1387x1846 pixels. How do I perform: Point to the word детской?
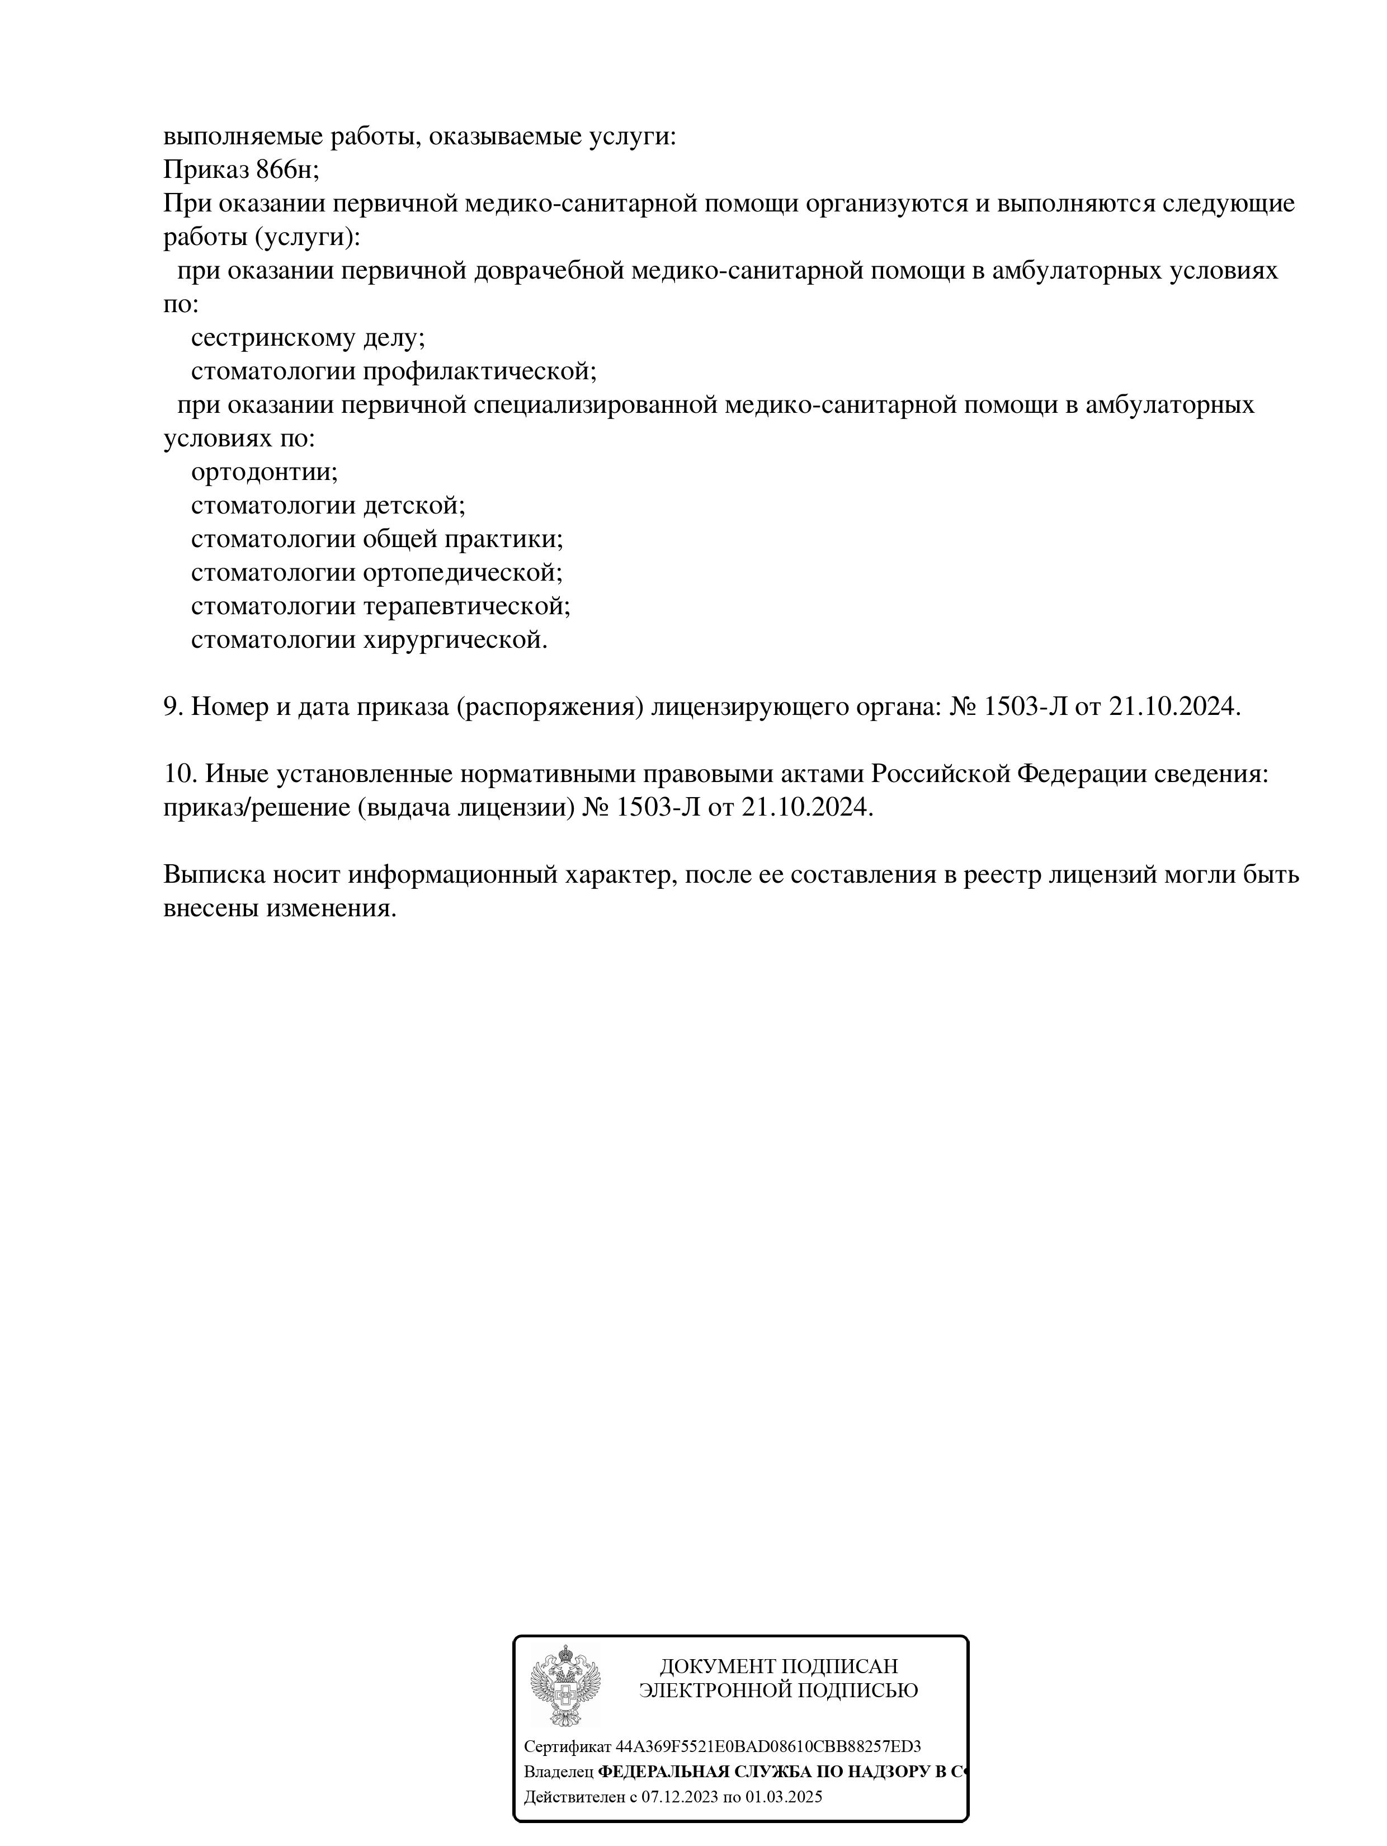[413, 506]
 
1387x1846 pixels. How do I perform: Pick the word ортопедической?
[463, 573]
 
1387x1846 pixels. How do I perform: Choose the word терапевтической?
[466, 607]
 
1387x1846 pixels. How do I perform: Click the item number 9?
[173, 708]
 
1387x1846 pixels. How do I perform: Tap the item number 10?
[180, 774]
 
